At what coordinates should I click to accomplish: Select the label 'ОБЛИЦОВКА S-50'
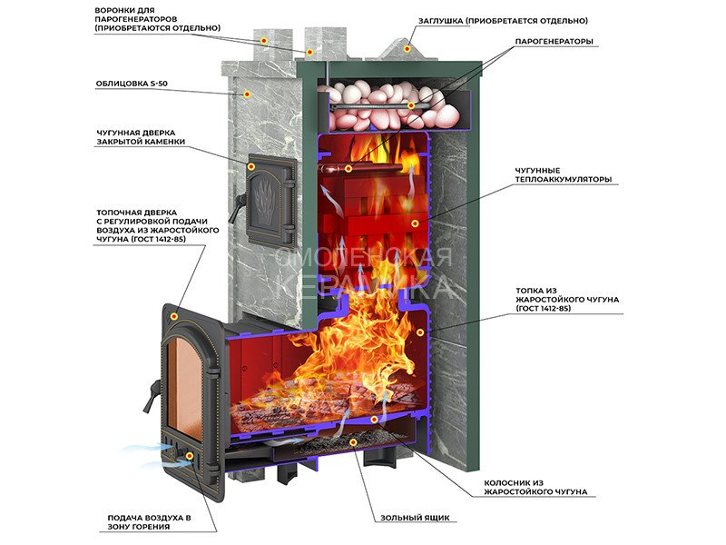tap(139, 85)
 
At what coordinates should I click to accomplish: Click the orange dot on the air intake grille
tap(190, 456)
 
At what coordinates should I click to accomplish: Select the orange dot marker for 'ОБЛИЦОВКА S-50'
tap(246, 93)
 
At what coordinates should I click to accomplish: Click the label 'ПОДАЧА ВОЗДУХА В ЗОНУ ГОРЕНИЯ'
tap(149, 522)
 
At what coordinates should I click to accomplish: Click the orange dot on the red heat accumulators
tap(415, 223)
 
